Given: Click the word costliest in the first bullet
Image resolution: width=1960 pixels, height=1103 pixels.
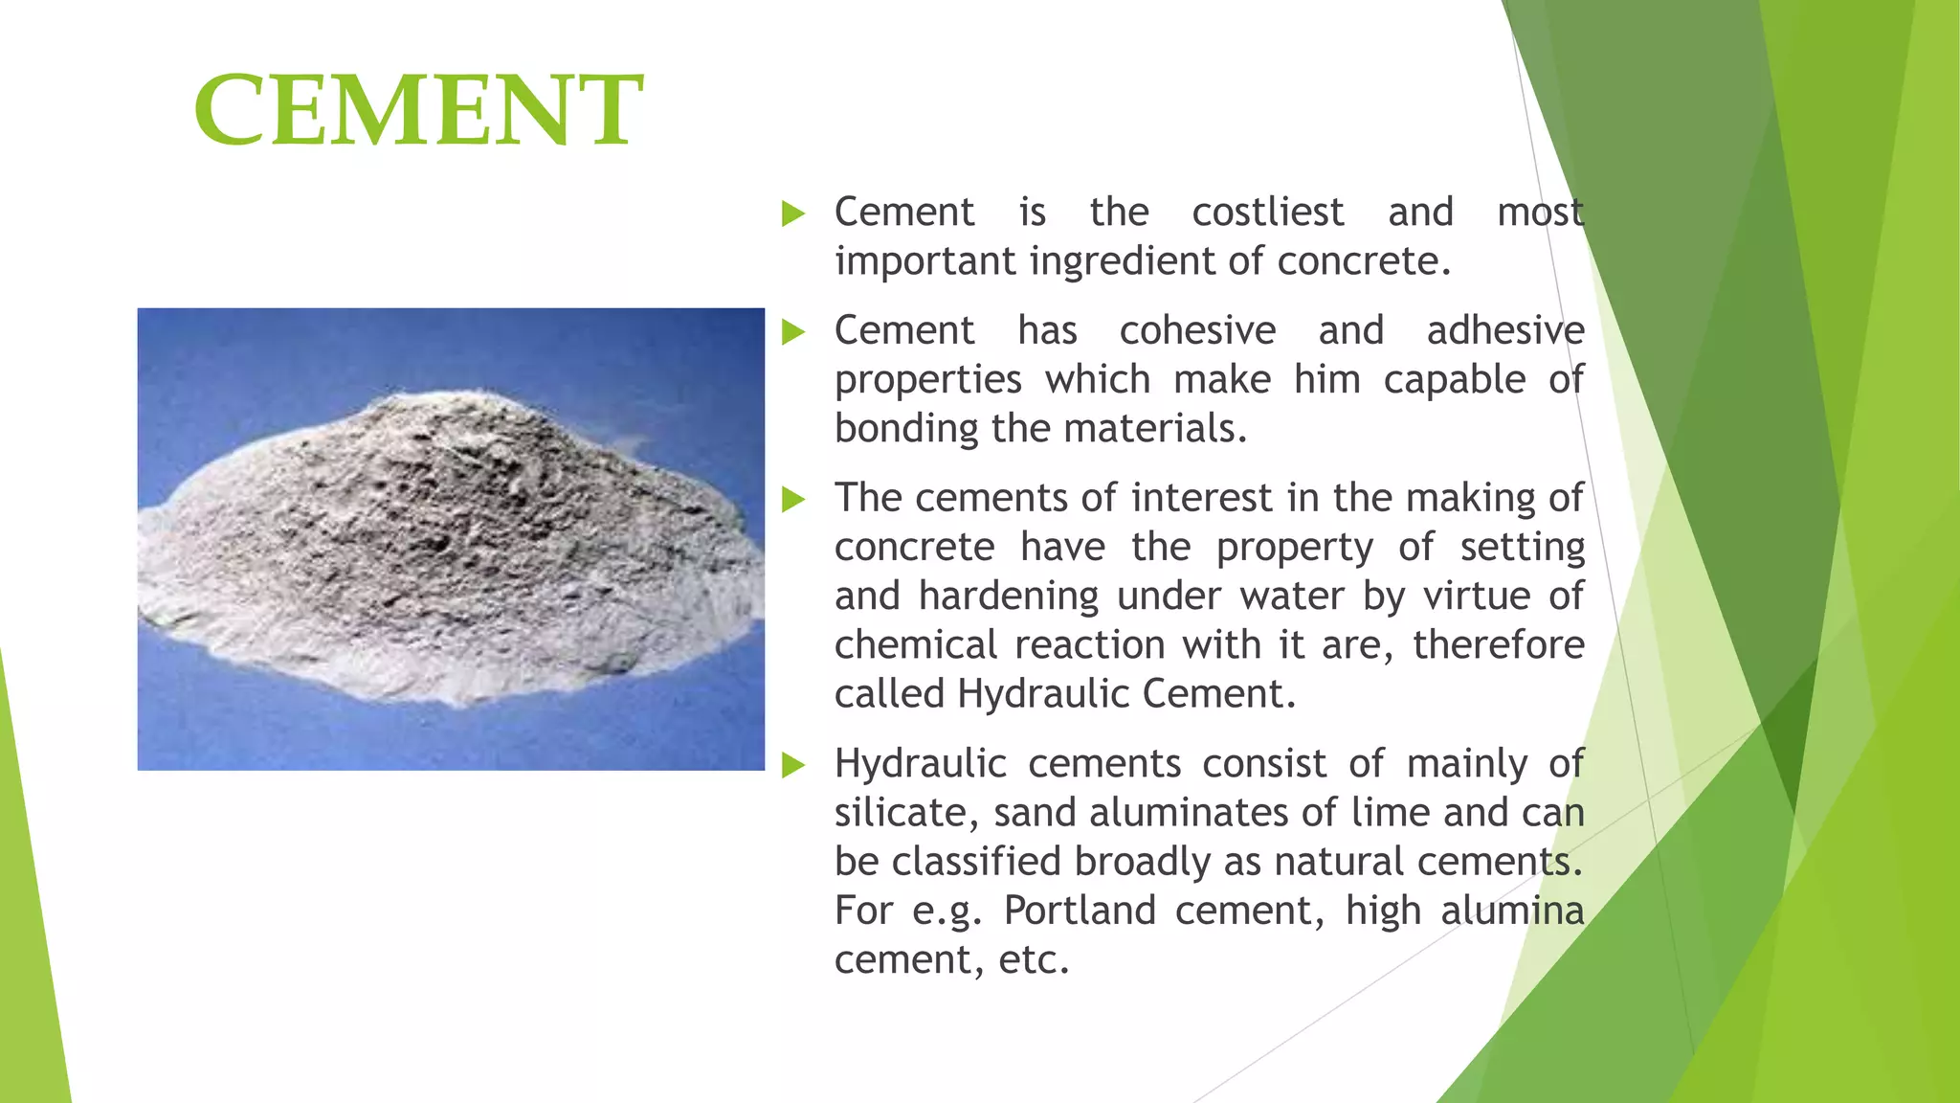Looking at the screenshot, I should point(1267,212).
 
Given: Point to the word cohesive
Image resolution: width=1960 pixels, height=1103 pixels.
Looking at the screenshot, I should point(1197,330).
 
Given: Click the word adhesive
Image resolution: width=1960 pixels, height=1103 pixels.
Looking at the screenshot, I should point(1505,330).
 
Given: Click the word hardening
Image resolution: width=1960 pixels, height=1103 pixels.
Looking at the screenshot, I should point(1008,596).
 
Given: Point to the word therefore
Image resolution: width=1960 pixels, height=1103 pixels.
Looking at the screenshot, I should point(1498,644).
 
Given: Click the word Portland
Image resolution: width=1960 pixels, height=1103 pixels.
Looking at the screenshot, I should point(1080,911).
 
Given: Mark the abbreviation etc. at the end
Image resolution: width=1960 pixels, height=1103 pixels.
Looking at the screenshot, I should point(1034,959).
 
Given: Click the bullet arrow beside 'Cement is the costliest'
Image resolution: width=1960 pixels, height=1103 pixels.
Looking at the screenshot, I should point(792,214).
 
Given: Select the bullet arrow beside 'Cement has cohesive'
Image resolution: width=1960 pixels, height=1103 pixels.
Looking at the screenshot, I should point(792,332).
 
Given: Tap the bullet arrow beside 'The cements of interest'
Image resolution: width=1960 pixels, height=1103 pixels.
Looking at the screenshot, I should point(792,499).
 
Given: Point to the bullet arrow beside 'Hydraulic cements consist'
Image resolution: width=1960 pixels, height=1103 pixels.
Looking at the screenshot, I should point(792,765).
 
